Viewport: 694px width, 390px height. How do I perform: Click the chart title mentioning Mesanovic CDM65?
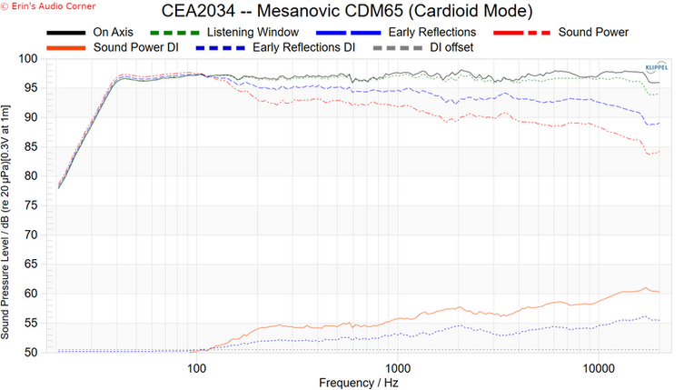click(x=347, y=12)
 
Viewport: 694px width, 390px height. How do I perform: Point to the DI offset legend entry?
click(x=451, y=46)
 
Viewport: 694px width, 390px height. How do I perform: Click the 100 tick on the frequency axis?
click(x=196, y=367)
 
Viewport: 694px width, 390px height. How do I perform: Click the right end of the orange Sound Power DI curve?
click(x=659, y=292)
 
